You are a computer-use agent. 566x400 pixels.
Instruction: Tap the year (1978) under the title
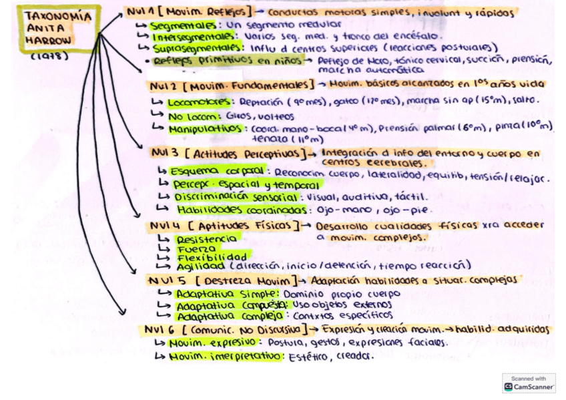tap(50, 57)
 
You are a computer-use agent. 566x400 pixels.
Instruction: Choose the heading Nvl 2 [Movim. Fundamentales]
tap(230, 85)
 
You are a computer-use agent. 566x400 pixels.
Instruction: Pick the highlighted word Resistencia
tap(206, 238)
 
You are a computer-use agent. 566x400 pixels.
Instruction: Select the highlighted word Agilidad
tap(200, 266)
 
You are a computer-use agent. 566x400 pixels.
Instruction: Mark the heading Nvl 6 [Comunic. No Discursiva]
tap(224, 329)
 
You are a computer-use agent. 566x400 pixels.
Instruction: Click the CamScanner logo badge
tap(528, 383)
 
